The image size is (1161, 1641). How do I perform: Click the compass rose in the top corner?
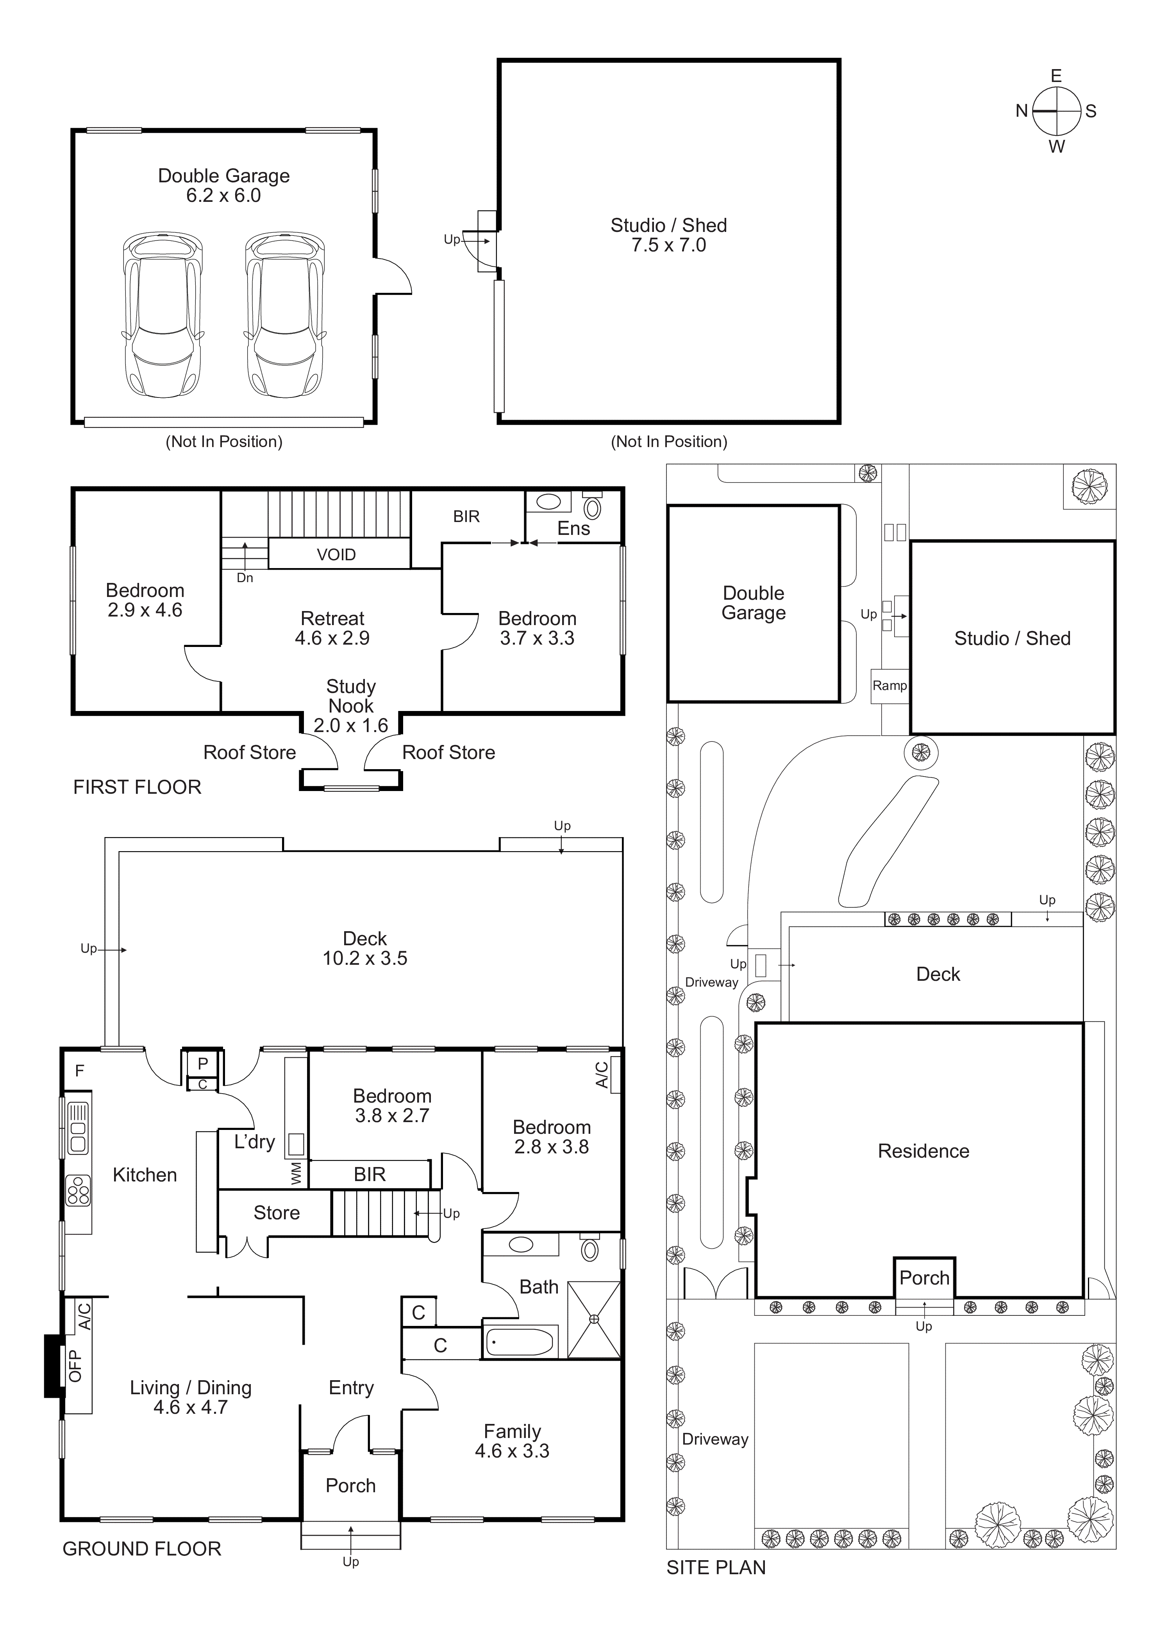tap(1056, 112)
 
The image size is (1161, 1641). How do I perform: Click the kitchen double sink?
tap(78, 1128)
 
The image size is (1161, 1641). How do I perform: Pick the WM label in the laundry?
tap(297, 1173)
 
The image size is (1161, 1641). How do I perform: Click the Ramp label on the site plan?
tap(890, 686)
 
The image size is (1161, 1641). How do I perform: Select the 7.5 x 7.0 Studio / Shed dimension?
tap(668, 245)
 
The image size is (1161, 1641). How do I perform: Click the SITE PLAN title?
tap(716, 1567)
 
